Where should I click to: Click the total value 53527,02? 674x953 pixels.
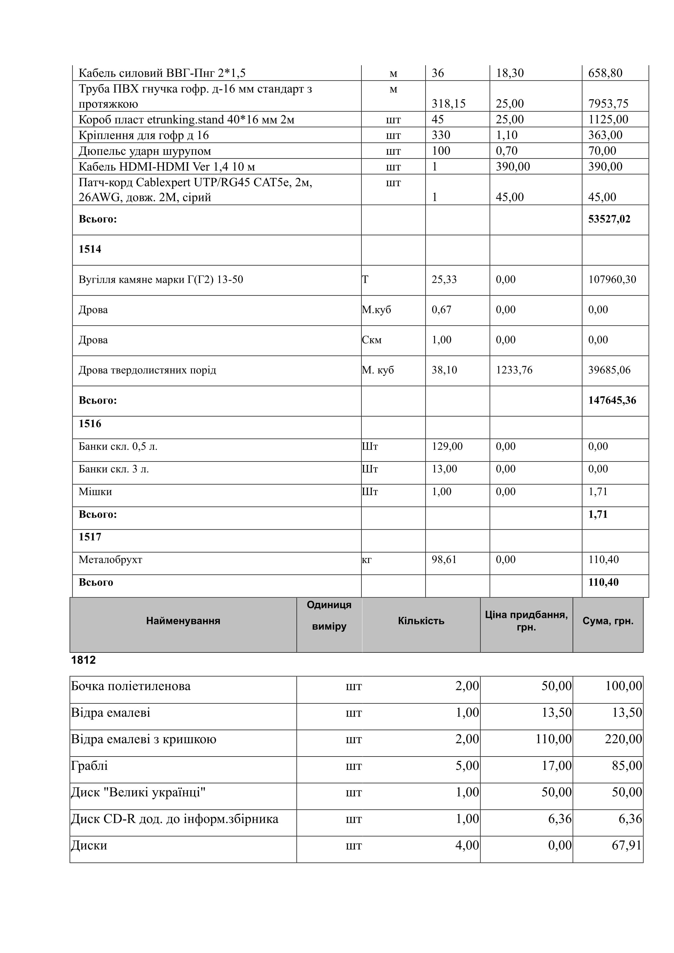pyautogui.click(x=609, y=219)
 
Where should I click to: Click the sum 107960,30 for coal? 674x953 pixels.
pyautogui.click(x=612, y=279)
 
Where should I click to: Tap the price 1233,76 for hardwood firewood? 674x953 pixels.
pyautogui.click(x=514, y=370)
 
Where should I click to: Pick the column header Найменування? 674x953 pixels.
pyautogui.click(x=183, y=621)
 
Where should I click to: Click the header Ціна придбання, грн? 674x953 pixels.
pyautogui.click(x=526, y=621)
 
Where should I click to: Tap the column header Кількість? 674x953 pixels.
pyautogui.click(x=421, y=621)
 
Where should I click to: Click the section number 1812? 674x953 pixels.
pyautogui.click(x=83, y=660)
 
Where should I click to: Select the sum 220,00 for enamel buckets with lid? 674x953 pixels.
pyautogui.click(x=623, y=739)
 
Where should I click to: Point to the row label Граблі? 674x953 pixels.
pyautogui.click(x=89, y=765)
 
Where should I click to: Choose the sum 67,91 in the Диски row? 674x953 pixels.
pyautogui.click(x=627, y=845)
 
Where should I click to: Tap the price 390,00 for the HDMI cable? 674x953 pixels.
pyautogui.click(x=513, y=167)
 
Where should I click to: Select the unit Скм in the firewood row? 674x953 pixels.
pyautogui.click(x=372, y=340)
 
